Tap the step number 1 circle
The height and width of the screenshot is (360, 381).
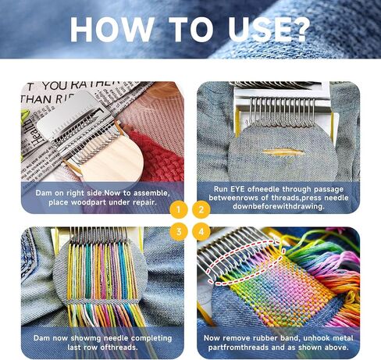click(x=179, y=209)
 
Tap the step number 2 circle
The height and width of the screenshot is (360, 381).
click(x=201, y=209)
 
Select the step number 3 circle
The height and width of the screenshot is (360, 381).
click(x=179, y=231)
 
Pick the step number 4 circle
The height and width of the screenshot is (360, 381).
click(x=201, y=231)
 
